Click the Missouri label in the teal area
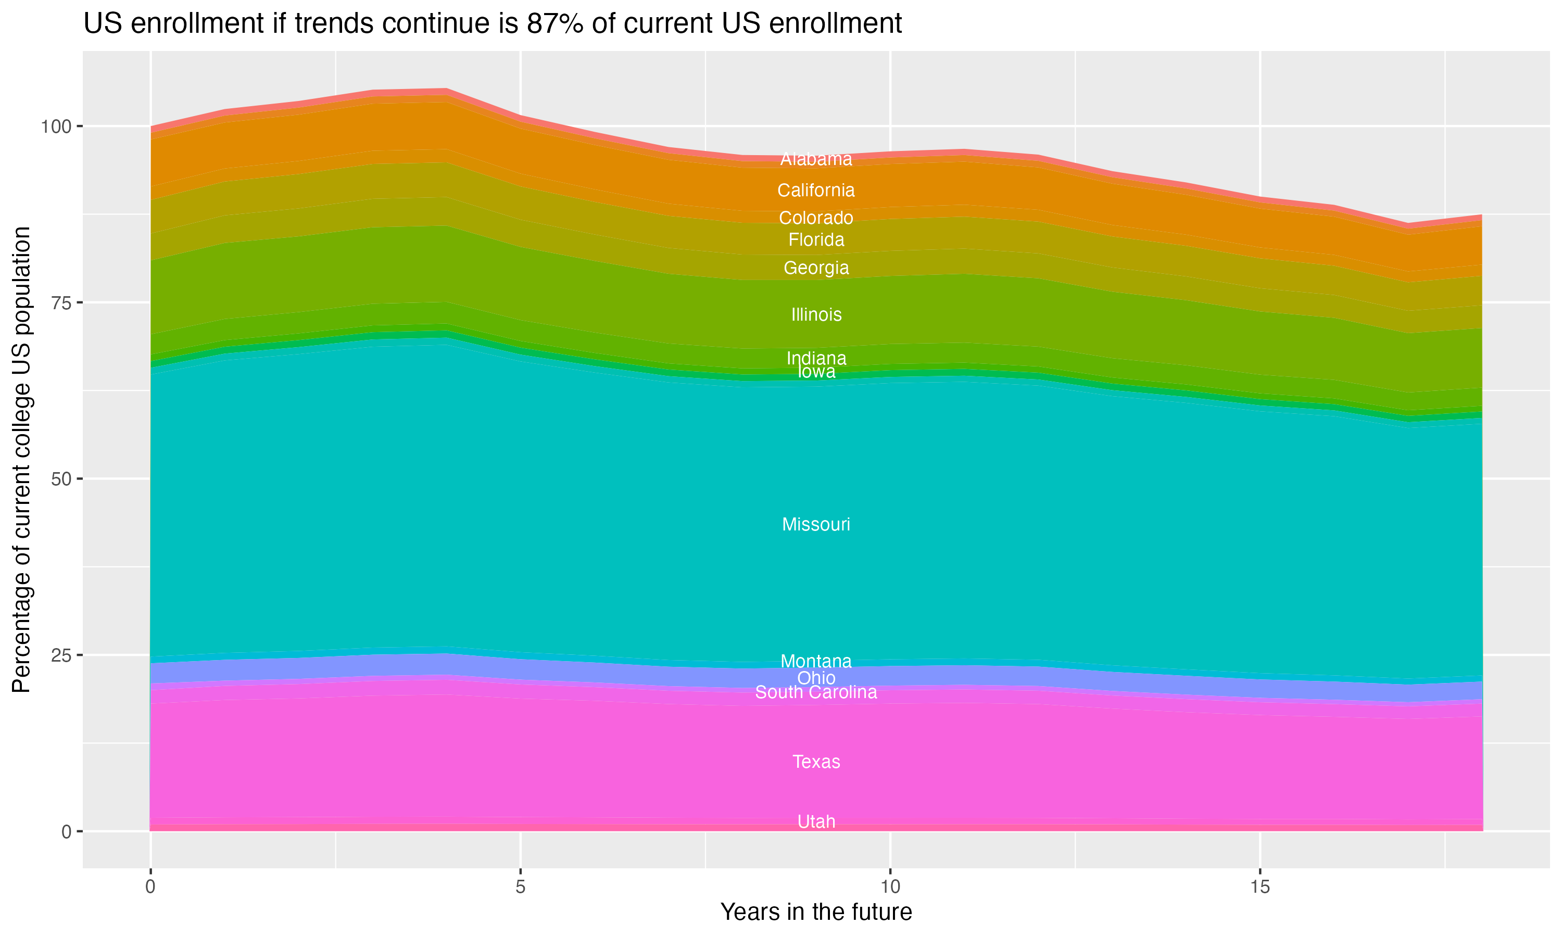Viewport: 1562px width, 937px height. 816,525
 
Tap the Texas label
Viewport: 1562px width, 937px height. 816,762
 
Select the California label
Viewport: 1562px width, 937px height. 816,190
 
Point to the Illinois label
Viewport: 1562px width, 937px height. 816,314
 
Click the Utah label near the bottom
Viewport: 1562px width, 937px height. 816,821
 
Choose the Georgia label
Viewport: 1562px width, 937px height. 816,268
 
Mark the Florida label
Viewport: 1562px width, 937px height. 816,240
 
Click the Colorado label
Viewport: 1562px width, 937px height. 816,218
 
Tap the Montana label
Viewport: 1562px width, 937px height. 816,661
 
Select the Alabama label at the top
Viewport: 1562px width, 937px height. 816,159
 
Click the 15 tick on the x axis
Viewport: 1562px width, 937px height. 1259,887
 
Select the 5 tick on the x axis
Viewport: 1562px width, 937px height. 520,887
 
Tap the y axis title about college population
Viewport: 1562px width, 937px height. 21,460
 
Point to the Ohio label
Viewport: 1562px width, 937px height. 816,678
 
